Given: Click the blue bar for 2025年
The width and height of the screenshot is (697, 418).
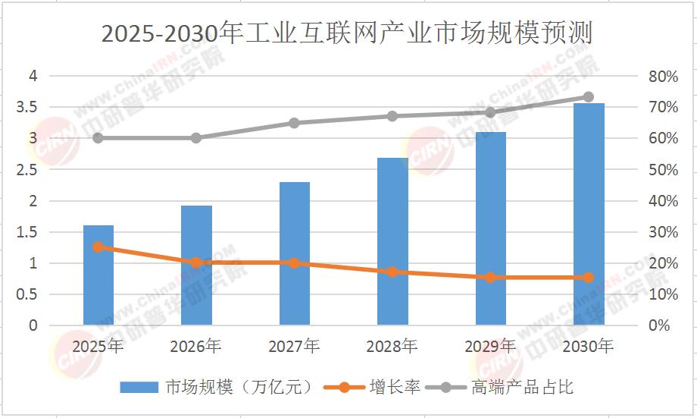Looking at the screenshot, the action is click(98, 275).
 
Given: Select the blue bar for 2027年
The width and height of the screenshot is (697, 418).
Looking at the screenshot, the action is click(295, 253).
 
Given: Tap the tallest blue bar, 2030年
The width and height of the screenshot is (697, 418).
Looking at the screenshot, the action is click(589, 214).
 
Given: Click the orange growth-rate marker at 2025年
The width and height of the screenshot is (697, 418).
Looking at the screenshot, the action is click(98, 247).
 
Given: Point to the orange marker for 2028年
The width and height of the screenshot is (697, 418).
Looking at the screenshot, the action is click(392, 272).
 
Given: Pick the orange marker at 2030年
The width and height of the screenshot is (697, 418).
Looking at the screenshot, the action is click(589, 278).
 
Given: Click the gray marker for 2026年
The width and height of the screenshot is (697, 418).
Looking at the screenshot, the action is click(196, 138).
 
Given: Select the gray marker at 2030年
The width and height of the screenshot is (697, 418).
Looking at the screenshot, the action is click(589, 97).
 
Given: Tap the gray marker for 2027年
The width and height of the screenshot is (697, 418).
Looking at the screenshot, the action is click(294, 123).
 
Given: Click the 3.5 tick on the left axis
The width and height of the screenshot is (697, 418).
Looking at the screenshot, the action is click(27, 107).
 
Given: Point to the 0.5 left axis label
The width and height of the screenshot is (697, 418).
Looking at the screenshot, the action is click(27, 294).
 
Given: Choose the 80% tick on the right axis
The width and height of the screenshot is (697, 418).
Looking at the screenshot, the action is click(663, 77).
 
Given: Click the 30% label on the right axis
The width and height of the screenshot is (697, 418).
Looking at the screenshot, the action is click(663, 232).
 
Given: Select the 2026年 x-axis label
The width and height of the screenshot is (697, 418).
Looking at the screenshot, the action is click(196, 346).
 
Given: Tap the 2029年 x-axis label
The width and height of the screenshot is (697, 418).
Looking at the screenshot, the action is click(490, 346).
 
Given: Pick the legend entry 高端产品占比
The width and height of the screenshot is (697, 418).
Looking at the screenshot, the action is click(499, 387).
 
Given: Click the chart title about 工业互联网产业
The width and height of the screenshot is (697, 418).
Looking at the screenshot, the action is click(347, 33).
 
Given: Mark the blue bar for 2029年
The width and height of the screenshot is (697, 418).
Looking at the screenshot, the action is click(491, 228).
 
